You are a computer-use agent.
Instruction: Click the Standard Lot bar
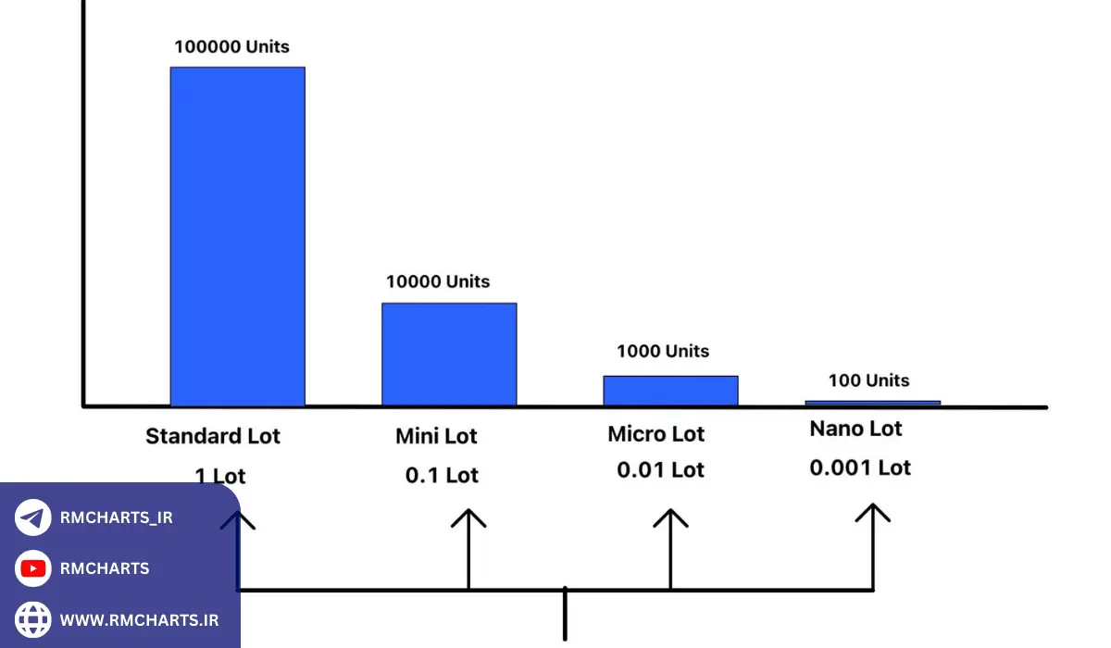238,236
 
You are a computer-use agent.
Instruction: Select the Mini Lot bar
449,354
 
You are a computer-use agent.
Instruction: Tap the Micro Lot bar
670,390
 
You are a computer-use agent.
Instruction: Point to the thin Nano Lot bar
872,403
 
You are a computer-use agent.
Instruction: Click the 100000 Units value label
231,46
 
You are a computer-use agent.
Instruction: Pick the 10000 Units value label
438,281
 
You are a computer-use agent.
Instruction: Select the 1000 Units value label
663,351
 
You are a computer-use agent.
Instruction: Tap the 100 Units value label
868,380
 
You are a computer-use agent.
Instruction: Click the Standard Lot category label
213,436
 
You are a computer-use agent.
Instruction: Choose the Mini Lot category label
437,436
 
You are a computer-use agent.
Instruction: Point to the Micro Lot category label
656,434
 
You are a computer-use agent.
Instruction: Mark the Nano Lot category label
855,429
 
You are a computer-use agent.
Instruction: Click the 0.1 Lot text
442,476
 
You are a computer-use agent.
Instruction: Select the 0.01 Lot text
660,470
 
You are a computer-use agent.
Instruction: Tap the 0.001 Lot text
860,468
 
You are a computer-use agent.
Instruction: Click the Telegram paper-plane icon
33,517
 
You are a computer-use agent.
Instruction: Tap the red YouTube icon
33,568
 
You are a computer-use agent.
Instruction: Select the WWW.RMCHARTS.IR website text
140,619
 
